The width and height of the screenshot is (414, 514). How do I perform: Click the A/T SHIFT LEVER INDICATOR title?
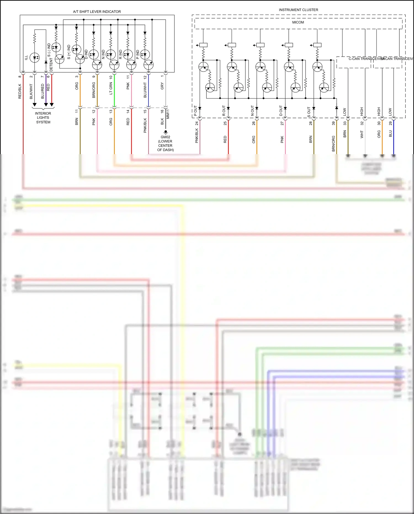pyautogui.click(x=97, y=12)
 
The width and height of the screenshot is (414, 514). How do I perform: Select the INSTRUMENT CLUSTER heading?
pyautogui.click(x=298, y=10)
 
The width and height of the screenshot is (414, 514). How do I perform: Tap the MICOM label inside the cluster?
pyautogui.click(x=298, y=22)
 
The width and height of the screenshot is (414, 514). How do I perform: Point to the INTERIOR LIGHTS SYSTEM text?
pyautogui.click(x=43, y=118)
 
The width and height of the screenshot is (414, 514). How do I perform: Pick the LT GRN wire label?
pyautogui.click(x=111, y=88)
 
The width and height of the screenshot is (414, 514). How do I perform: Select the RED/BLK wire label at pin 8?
pyautogui.click(x=20, y=91)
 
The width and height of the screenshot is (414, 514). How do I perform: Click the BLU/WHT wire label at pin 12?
pyautogui.click(x=145, y=90)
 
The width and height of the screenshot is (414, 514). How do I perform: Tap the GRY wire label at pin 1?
pyautogui.click(x=162, y=86)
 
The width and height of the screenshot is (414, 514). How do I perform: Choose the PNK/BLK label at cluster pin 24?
pyautogui.click(x=197, y=135)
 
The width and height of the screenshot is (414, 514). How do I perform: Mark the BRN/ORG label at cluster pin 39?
pyautogui.click(x=333, y=143)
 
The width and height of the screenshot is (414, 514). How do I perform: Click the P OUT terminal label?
pyautogui.click(x=195, y=111)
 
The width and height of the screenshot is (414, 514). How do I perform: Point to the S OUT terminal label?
pyautogui.click(x=309, y=112)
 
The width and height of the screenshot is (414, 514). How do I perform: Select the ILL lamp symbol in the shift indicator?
pyautogui.click(x=35, y=57)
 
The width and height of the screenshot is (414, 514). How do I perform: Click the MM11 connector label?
pyautogui.click(x=168, y=114)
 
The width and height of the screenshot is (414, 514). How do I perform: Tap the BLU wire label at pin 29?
pyautogui.click(x=390, y=134)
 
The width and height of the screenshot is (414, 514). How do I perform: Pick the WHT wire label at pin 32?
pyautogui.click(x=362, y=134)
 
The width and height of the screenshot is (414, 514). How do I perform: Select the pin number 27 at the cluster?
pyautogui.click(x=282, y=123)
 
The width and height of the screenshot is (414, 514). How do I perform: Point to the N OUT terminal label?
pyautogui.click(x=252, y=110)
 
